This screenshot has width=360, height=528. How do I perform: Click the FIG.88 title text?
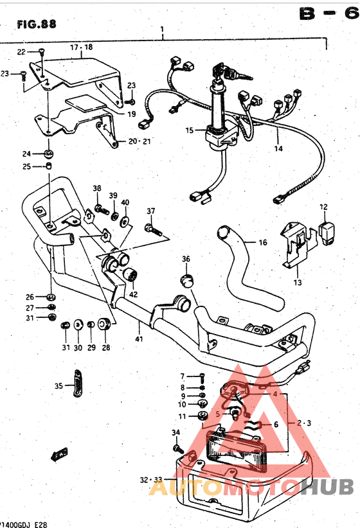coord(37,24)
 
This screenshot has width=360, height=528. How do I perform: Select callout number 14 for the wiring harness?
coord(278,148)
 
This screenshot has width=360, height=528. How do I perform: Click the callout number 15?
coord(189,130)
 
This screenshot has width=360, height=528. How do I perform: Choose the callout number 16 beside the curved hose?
coord(262,243)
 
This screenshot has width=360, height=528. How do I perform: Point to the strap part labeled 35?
coord(76,384)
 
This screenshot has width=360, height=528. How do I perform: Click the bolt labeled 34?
coord(179,447)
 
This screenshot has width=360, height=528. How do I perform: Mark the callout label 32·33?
coord(152,480)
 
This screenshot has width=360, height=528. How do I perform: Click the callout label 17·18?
coord(82,48)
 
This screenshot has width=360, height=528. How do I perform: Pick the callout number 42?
coord(133,294)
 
